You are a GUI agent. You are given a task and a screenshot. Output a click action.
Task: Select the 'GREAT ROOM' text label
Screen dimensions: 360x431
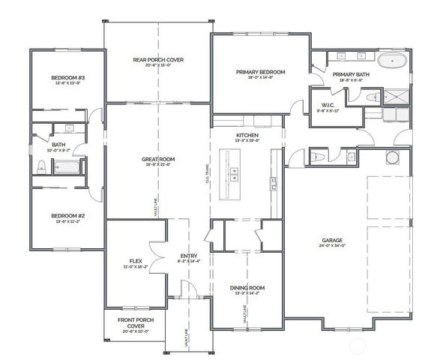click(x=158, y=160)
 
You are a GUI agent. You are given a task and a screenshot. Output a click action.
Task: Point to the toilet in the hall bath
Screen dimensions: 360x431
click(x=42, y=166)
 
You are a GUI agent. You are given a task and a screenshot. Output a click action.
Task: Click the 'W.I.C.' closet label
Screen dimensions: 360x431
click(x=328, y=105)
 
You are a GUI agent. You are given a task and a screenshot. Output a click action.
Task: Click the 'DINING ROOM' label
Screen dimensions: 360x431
click(x=247, y=288)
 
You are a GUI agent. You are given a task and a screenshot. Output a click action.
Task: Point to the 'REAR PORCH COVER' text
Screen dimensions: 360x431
click(x=158, y=60)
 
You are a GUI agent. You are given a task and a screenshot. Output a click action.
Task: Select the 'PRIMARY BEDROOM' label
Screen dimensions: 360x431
click(x=260, y=72)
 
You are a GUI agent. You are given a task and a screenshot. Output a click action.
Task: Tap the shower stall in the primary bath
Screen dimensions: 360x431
click(x=395, y=95)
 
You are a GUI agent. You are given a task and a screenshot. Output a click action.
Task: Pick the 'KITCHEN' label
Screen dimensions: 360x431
click(x=247, y=135)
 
